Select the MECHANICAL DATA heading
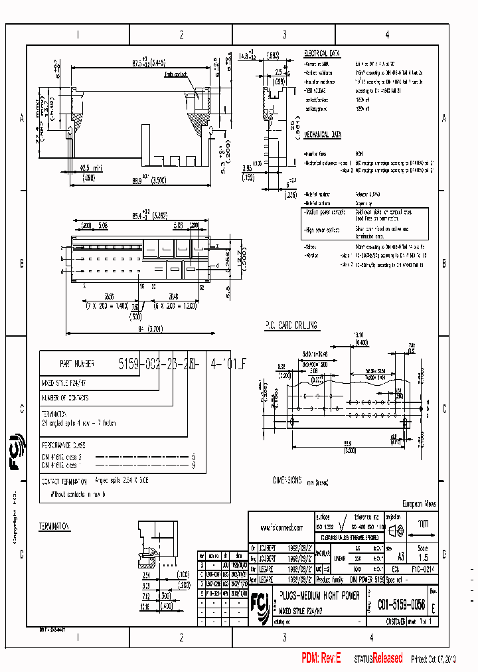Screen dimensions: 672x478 pyautogui.click(x=323, y=134)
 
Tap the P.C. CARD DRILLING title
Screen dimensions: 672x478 pyautogui.click(x=291, y=325)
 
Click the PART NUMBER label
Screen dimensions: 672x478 pyautogui.click(x=77, y=364)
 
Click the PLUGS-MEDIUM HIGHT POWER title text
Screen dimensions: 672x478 pyautogui.click(x=320, y=596)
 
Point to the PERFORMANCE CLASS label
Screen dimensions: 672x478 pyautogui.click(x=64, y=446)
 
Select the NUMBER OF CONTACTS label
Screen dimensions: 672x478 pyautogui.click(x=65, y=398)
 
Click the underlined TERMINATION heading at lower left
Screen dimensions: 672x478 pyautogui.click(x=54, y=526)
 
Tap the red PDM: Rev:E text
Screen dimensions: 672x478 pyautogui.click(x=321, y=658)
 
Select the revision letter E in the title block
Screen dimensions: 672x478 pyautogui.click(x=434, y=606)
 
